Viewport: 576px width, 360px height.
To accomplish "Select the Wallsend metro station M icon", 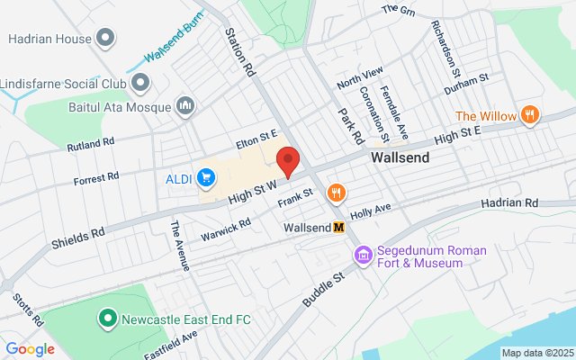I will click(339, 228).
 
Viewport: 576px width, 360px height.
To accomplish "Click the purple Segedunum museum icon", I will click(363, 256).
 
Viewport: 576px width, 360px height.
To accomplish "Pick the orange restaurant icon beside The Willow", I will click(531, 115).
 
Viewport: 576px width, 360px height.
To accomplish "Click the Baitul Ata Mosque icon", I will click(186, 107).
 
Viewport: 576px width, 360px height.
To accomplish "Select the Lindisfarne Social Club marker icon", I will click(139, 83).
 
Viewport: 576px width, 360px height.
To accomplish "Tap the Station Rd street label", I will click(240, 50).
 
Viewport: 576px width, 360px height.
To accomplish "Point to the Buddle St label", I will click(324, 290).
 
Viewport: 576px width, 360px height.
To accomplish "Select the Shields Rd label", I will click(77, 238).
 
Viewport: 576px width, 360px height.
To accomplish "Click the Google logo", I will click(30, 349).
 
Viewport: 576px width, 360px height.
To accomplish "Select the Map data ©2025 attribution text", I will click(535, 353).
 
